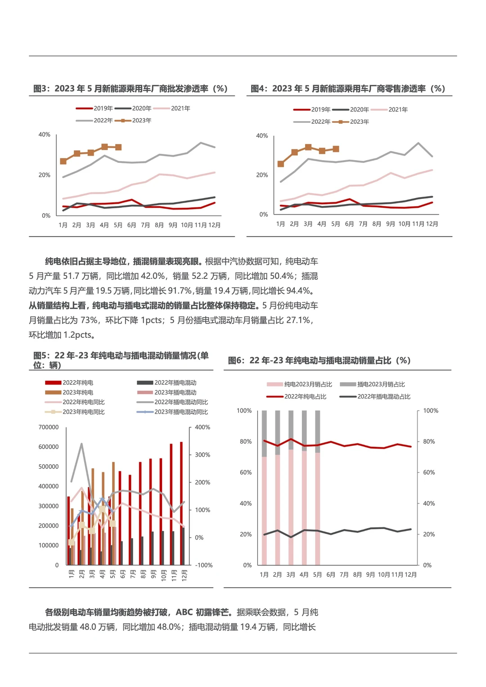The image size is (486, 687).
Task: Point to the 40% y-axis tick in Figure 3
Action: click(45, 135)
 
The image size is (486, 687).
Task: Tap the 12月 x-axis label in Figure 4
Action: click(432, 224)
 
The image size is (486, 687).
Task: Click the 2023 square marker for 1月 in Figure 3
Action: click(63, 161)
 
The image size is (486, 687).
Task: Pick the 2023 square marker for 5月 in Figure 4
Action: click(336, 149)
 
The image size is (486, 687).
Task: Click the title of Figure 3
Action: click(130, 89)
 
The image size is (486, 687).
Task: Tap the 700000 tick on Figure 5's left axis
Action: click(48, 427)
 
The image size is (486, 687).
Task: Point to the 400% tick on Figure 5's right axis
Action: click(202, 427)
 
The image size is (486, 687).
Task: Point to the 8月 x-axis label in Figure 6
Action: click(357, 575)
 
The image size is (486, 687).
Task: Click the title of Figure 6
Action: click(319, 360)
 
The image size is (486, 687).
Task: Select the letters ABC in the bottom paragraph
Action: click(184, 612)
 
